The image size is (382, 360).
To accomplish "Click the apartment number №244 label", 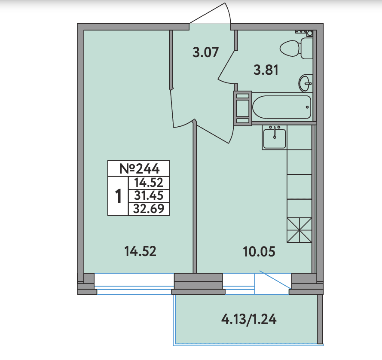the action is (139, 168).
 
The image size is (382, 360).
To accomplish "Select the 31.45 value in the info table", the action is (149, 195).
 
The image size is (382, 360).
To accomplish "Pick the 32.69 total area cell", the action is (149, 209).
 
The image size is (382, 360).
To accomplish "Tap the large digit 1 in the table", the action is (118, 196).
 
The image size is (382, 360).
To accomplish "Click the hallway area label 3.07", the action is (206, 52).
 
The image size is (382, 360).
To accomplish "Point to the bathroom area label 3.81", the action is (266, 70).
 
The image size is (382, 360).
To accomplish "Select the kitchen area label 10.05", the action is (259, 252).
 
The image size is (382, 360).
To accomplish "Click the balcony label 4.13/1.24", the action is (249, 319).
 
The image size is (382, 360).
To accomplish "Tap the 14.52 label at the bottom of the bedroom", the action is (140, 251).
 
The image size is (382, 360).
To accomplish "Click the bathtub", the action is (282, 107).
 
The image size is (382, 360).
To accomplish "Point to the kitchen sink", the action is (275, 137).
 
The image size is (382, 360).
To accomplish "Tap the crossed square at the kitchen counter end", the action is (299, 230).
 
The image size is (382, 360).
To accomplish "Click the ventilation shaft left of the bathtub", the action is (243, 108).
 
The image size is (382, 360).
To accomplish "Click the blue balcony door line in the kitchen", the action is (275, 280).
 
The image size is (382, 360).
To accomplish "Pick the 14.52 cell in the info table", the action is (149, 183).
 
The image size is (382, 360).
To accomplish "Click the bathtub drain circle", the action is (307, 107).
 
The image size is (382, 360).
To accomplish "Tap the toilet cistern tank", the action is (307, 48).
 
